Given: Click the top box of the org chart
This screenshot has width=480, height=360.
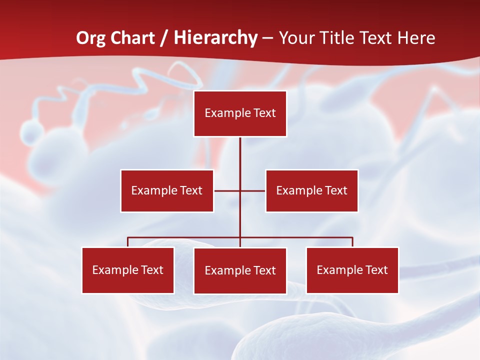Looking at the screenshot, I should click(240, 113).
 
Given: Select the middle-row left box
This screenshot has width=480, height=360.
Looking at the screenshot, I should click(167, 190).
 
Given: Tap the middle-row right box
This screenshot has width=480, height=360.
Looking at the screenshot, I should click(311, 190).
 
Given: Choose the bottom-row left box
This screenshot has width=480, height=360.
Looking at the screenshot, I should click(128, 270).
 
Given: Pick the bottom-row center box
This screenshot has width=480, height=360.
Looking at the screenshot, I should click(240, 270).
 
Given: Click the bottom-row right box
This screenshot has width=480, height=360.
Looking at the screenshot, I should click(352, 270).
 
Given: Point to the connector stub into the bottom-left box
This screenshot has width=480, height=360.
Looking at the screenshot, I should click(128, 242).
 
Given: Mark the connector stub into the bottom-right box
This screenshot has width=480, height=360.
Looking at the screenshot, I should click(352, 242).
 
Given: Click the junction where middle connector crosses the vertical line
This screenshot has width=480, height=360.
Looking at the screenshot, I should click(240, 190).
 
